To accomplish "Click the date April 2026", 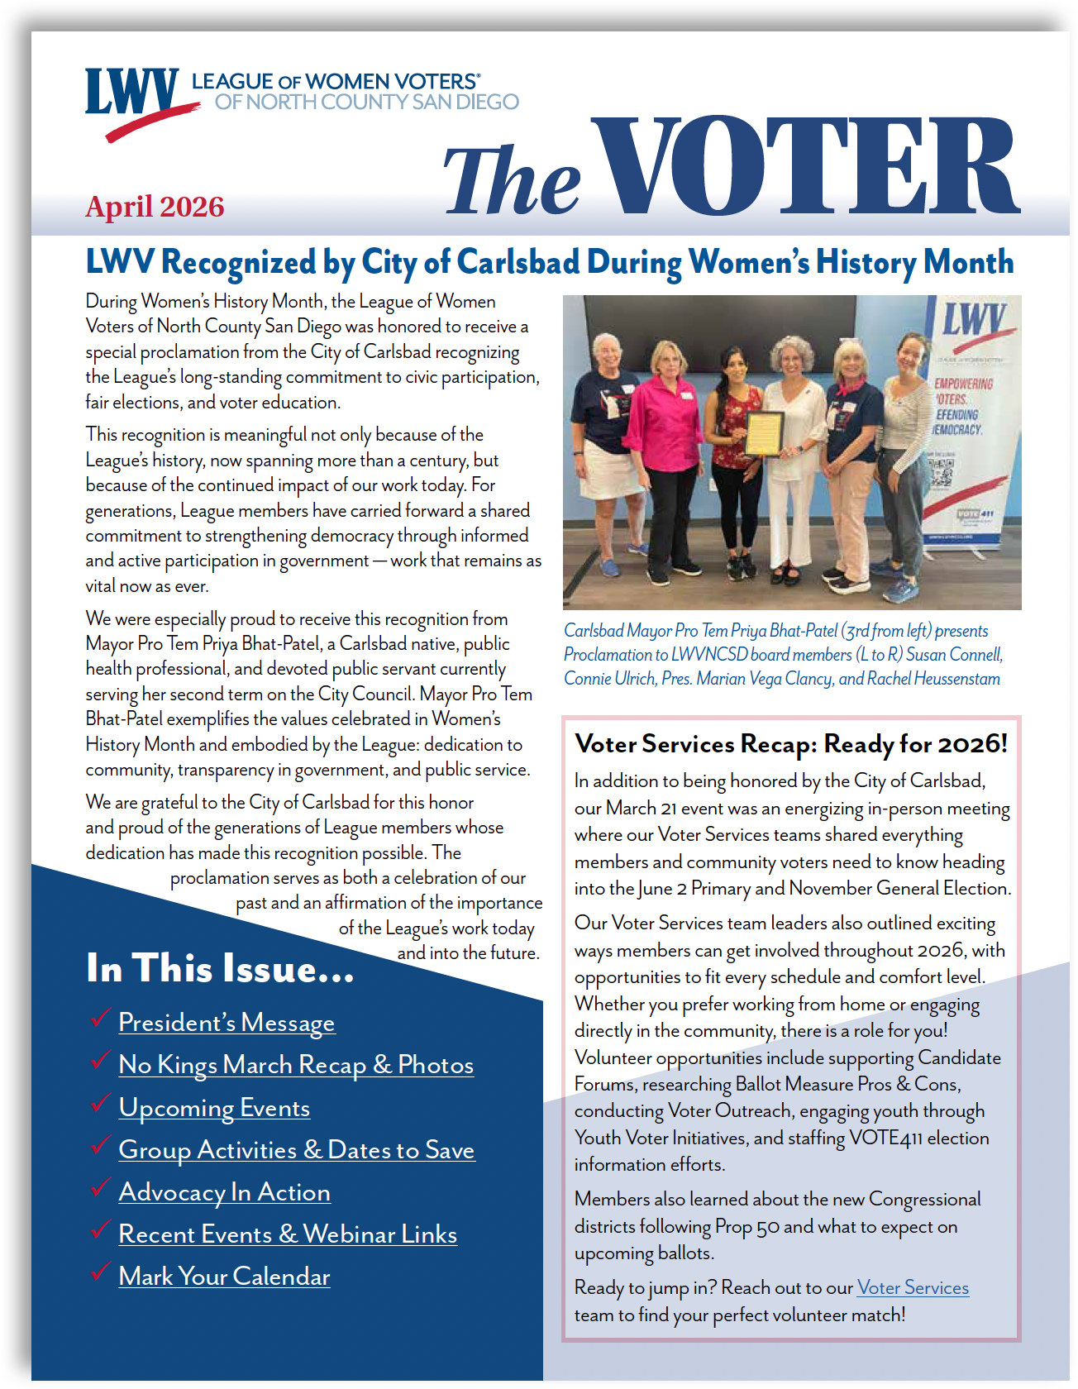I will [155, 207].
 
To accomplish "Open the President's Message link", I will [227, 1023].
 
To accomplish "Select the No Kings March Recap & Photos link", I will [296, 1065].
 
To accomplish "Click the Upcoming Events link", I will [214, 1108].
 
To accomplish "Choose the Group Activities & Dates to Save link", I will [296, 1150].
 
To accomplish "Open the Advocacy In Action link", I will [224, 1192].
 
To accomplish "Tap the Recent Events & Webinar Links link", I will [288, 1234].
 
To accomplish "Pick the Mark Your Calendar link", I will [224, 1277].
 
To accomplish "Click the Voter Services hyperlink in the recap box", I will [913, 1288].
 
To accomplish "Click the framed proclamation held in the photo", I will [765, 434].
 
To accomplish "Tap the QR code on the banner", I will [942, 472].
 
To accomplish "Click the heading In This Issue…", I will [220, 969].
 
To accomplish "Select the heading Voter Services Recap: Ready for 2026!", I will [791, 744].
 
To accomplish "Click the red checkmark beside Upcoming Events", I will [101, 1103].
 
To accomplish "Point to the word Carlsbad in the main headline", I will [518, 263].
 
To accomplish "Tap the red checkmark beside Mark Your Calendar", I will [101, 1272].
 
